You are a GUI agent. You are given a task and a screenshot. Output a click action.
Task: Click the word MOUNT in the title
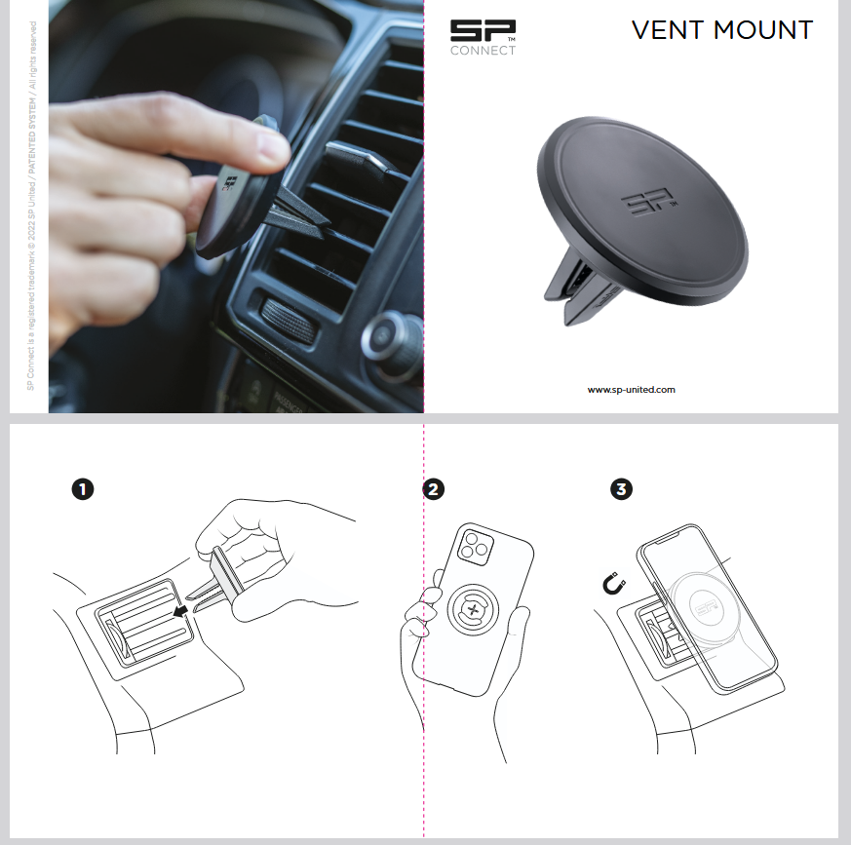pyautogui.click(x=763, y=30)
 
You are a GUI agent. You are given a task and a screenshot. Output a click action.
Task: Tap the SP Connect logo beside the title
pyautogui.click(x=483, y=37)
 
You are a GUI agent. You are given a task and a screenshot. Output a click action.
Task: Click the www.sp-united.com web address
pyautogui.click(x=632, y=389)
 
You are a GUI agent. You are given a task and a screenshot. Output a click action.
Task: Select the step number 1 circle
pyautogui.click(x=83, y=489)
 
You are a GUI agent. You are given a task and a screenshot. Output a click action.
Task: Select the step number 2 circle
pyautogui.click(x=433, y=489)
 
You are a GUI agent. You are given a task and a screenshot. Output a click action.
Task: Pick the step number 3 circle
pyautogui.click(x=621, y=489)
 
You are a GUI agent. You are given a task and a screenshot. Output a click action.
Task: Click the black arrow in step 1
pyautogui.click(x=180, y=611)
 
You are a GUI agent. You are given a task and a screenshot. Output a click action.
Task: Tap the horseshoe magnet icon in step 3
pyautogui.click(x=614, y=584)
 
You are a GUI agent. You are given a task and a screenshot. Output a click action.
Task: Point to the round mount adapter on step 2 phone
pyautogui.click(x=473, y=609)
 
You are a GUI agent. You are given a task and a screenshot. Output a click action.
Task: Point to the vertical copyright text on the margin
pyautogui.click(x=31, y=206)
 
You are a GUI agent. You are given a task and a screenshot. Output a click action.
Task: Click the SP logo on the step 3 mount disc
pyautogui.click(x=706, y=606)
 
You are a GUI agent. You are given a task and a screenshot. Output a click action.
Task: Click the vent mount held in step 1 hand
pyautogui.click(x=216, y=580)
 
